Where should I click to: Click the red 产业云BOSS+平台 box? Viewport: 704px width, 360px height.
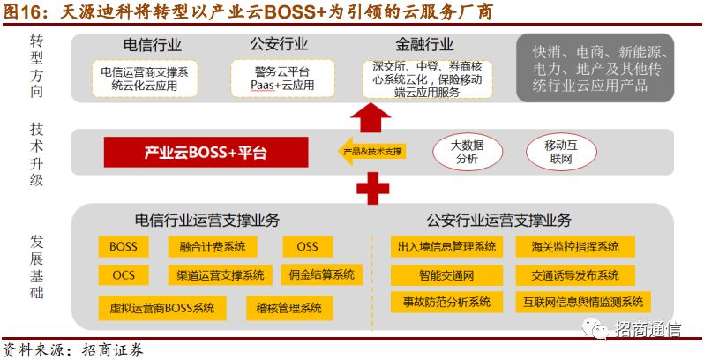[x=206, y=153]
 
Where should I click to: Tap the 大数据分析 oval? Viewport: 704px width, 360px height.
[x=465, y=152]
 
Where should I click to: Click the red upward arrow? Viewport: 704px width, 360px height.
[x=371, y=115]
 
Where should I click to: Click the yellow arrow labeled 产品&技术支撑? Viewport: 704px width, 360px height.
[x=371, y=152]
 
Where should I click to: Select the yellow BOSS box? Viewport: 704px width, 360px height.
[x=124, y=246]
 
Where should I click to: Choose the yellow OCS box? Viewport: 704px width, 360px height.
[x=124, y=275]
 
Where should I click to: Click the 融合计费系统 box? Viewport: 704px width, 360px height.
[x=213, y=246]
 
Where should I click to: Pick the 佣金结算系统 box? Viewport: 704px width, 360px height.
[x=321, y=275]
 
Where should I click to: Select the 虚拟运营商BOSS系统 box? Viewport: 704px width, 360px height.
[x=162, y=307]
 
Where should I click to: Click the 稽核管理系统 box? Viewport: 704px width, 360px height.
[x=288, y=307]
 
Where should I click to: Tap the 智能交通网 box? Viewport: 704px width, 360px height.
[x=446, y=274]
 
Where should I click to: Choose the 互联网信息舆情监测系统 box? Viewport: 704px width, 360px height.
[x=582, y=302]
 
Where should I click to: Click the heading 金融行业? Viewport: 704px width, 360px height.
[x=426, y=44]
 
